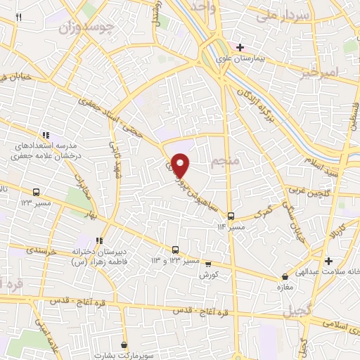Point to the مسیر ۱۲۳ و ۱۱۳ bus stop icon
click(x=175, y=250)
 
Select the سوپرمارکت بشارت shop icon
click(x=124, y=345)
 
